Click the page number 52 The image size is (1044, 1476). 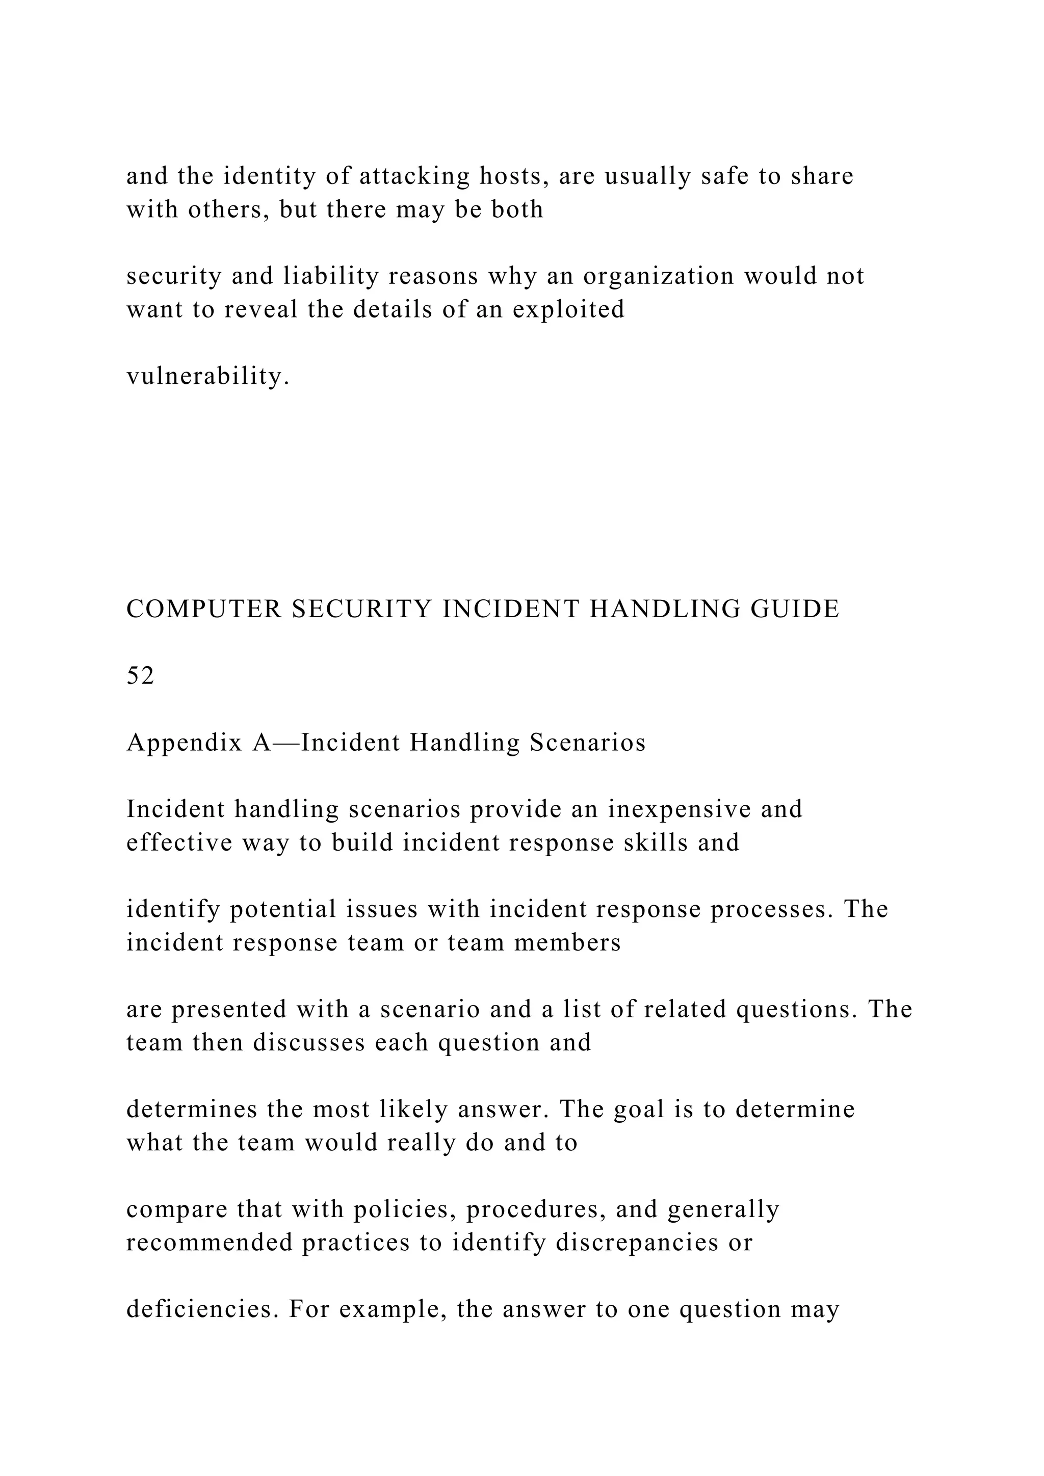tap(140, 676)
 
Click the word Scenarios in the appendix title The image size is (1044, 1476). tap(588, 743)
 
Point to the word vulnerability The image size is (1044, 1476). tap(207, 377)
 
